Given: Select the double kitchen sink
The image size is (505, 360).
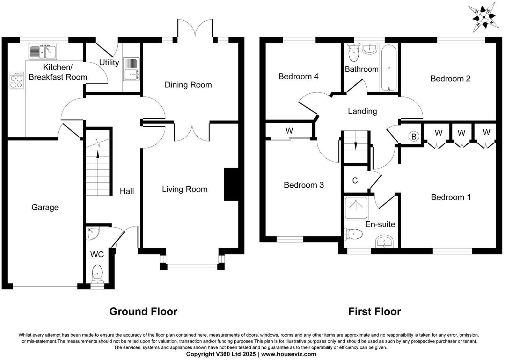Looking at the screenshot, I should [43, 52].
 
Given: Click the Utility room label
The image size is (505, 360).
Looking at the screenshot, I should [109, 63].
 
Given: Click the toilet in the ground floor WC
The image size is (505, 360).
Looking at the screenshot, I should [97, 273].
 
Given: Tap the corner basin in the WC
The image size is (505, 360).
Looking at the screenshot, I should [92, 233].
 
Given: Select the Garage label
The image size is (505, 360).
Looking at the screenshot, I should [45, 207].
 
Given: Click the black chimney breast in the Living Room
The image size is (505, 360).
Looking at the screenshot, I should [230, 185].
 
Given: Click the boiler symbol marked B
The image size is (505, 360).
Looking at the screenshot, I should [414, 137].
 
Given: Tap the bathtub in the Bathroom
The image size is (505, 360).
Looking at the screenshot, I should [389, 69].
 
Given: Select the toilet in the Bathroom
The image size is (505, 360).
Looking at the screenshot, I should [353, 53].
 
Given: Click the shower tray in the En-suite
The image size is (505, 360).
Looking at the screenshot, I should [356, 208].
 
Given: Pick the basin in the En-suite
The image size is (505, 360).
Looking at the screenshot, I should [384, 242].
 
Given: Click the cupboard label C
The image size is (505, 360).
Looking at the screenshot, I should [355, 181].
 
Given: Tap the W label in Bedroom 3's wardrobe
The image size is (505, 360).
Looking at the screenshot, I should [289, 131].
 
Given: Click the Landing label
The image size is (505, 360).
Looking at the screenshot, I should [362, 111].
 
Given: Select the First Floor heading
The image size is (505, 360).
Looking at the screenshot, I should [374, 311].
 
